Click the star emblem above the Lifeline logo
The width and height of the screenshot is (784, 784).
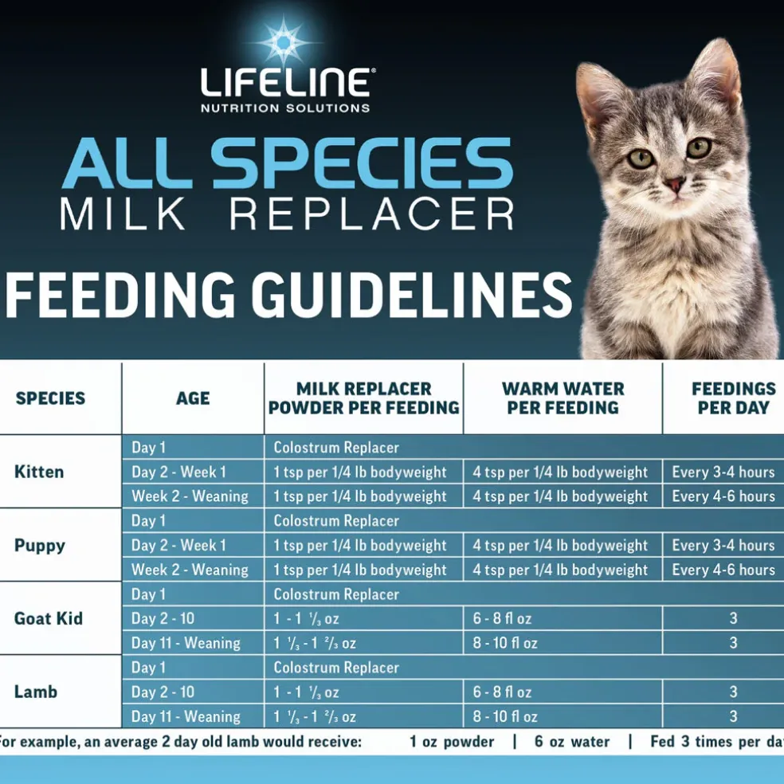tap(284, 42)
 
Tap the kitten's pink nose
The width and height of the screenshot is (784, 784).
tap(675, 183)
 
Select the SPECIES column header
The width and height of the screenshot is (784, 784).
tap(50, 398)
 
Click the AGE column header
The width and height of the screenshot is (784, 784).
tap(193, 398)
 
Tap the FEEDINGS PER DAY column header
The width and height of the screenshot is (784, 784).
tap(734, 398)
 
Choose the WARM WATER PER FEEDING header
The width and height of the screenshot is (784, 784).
tap(563, 398)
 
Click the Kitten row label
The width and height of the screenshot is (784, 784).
tap(39, 472)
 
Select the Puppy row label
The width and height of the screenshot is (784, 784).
tap(40, 546)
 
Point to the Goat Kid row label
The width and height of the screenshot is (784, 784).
tap(49, 618)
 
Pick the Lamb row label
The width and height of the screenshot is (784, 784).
tap(36, 692)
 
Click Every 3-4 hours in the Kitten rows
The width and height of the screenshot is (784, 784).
tap(723, 472)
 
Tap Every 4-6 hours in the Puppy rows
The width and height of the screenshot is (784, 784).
tap(723, 570)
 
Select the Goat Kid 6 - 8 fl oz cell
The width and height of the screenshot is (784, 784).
tap(502, 618)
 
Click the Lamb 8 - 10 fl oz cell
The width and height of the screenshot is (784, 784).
tap(505, 716)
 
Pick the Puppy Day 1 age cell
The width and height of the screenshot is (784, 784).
tap(148, 521)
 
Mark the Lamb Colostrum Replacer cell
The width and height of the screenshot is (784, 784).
tap(336, 668)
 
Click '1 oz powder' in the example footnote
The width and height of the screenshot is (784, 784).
tap(452, 742)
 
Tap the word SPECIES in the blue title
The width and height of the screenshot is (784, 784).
tap(362, 163)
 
